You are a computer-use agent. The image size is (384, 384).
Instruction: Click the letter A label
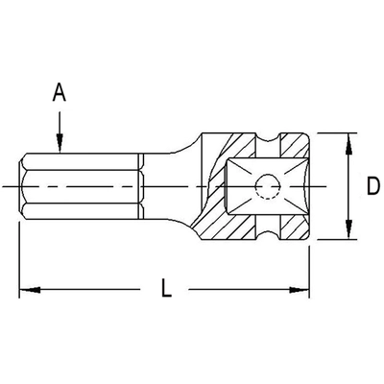(59, 93)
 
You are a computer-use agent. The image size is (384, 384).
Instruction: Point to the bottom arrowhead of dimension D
(343, 234)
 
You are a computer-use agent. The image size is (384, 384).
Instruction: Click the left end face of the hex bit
(20, 184)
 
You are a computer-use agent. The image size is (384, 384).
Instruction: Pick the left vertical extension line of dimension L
(20, 259)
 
